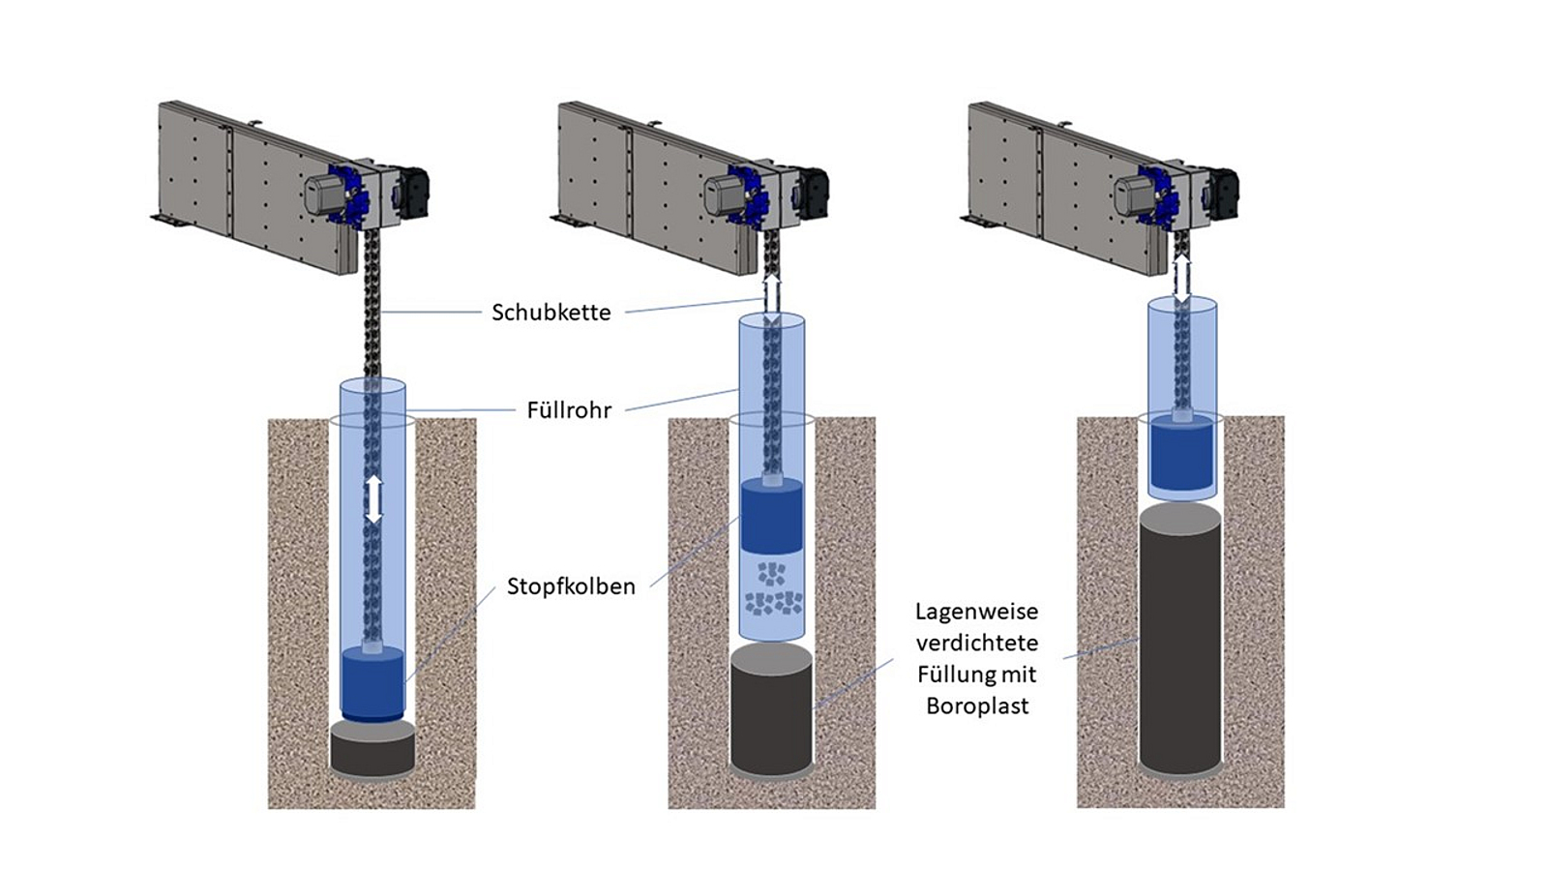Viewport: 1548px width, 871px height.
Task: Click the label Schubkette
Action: click(x=551, y=313)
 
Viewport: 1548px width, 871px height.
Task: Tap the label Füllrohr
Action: click(x=569, y=410)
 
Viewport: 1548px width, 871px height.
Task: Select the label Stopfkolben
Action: click(x=571, y=586)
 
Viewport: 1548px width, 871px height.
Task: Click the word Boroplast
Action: click(x=977, y=706)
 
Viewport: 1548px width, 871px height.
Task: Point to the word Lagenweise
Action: click(x=977, y=612)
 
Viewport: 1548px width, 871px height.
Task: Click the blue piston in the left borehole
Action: click(x=372, y=683)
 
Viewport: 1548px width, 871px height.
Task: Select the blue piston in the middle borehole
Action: click(x=771, y=518)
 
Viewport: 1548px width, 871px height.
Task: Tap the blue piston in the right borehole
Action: click(x=1180, y=455)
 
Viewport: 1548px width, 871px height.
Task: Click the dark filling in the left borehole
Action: click(x=372, y=750)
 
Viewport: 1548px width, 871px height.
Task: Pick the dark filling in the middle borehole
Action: click(x=771, y=716)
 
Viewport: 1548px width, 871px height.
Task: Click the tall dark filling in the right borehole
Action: click(x=1180, y=644)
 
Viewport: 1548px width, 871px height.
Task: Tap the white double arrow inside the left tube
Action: click(x=374, y=499)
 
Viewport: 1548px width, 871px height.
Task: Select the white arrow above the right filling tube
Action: click(x=1181, y=279)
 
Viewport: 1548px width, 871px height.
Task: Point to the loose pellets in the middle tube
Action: click(x=772, y=590)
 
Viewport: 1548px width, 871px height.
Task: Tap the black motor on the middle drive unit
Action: click(x=813, y=191)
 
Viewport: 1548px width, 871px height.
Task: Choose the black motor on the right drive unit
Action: click(x=1223, y=191)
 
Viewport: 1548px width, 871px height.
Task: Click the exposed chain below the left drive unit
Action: click(x=372, y=310)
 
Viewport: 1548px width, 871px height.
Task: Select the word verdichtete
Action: click(x=977, y=643)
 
